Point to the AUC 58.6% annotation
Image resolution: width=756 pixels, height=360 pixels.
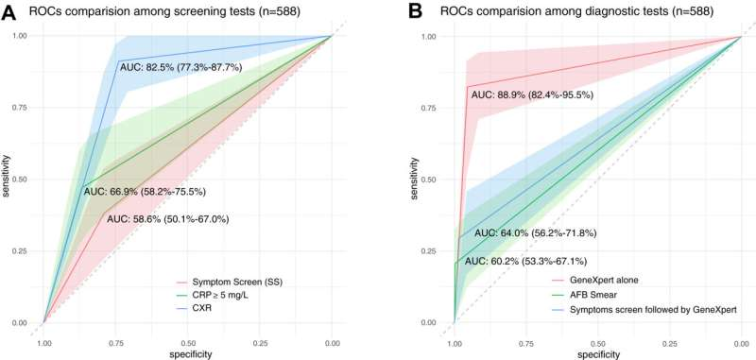tap(167, 218)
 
